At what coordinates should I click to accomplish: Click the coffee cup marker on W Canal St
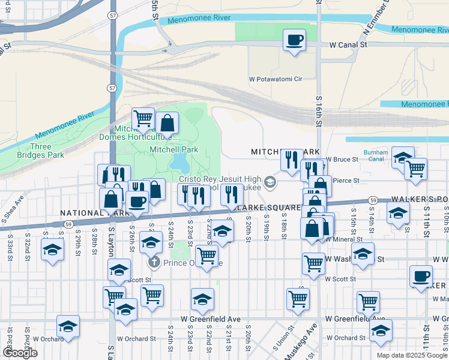point(294,41)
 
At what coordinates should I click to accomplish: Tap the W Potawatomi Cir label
point(275,79)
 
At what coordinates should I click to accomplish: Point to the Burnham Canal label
point(376,155)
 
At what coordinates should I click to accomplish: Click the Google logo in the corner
point(20,353)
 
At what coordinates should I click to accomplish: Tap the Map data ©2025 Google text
point(412,355)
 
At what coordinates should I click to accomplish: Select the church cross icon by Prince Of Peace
point(154,263)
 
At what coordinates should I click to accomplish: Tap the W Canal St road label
point(348,44)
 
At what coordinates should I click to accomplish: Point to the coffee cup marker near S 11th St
point(421,277)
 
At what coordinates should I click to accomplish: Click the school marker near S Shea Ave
point(53,250)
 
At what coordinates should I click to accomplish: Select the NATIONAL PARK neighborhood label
point(84,213)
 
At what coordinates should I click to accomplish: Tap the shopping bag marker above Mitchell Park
point(167,123)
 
